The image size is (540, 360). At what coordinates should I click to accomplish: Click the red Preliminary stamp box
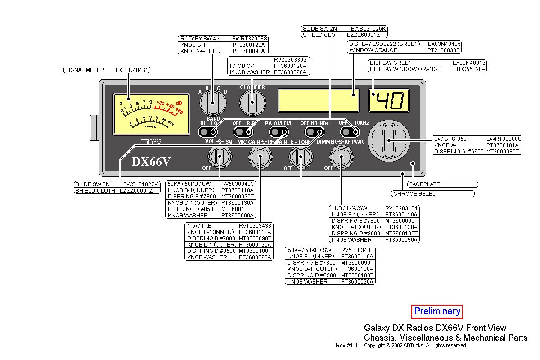(437, 311)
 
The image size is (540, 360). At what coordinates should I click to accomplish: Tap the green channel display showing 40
(389, 101)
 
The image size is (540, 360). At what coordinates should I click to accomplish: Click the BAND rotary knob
(213, 103)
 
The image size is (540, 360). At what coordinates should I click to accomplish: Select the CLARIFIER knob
(252, 103)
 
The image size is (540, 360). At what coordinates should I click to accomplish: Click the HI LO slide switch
(208, 132)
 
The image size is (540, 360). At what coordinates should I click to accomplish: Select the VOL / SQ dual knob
(220, 157)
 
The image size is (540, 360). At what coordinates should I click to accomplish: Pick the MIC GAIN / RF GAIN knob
(260, 157)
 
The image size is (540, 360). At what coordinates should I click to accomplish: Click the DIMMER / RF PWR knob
(341, 157)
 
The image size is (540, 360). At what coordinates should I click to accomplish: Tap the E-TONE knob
(300, 157)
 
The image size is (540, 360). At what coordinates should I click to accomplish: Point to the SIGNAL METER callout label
(107, 70)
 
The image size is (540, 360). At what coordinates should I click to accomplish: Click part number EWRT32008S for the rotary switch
(250, 39)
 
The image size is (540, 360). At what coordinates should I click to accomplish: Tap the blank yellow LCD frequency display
(319, 100)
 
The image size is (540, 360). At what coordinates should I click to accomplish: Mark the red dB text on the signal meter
(179, 103)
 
